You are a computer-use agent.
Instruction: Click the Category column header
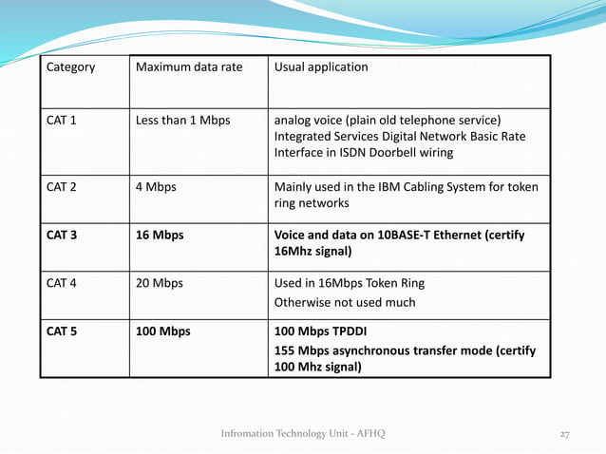[70, 67]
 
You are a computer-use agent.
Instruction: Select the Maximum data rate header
[189, 67]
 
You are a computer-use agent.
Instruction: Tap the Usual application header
[321, 67]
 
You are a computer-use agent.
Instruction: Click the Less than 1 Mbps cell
[183, 121]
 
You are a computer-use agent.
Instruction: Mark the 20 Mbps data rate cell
[160, 283]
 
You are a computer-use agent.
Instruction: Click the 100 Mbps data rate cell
[163, 331]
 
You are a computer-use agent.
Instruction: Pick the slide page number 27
[564, 434]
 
